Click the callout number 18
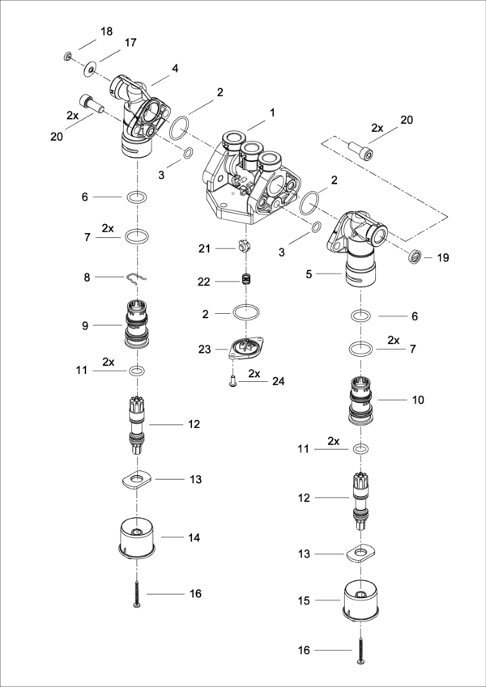(x=107, y=31)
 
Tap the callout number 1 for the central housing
(x=273, y=112)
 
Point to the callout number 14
(x=194, y=536)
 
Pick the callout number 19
(x=442, y=258)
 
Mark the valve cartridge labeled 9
(x=137, y=324)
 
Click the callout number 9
(x=85, y=325)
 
